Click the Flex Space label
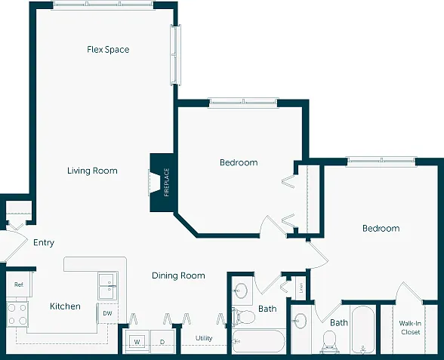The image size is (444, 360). pyautogui.click(x=108, y=50)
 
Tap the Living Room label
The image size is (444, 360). pyautogui.click(x=92, y=171)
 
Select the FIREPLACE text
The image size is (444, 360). pyautogui.click(x=166, y=183)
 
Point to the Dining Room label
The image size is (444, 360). pyautogui.click(x=178, y=275)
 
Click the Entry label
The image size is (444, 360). pyautogui.click(x=44, y=242)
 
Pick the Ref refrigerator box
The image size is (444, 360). pyautogui.click(x=19, y=285)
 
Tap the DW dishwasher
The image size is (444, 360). pyautogui.click(x=107, y=313)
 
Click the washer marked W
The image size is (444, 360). pyautogui.click(x=137, y=342)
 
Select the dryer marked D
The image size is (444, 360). pyautogui.click(x=162, y=342)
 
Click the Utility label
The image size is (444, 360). pyautogui.click(x=204, y=338)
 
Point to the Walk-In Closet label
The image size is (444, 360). pyautogui.click(x=410, y=328)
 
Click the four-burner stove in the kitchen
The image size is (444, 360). pyautogui.click(x=17, y=314)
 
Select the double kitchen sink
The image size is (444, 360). pyautogui.click(x=107, y=286)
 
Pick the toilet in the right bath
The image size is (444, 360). pyautogui.click(x=329, y=341)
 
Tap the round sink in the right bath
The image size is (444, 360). pyautogui.click(x=301, y=321)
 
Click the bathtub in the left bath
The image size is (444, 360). pyautogui.click(x=257, y=341)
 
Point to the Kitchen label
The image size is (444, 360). pyautogui.click(x=65, y=306)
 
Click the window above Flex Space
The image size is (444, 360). pyautogui.click(x=103, y=5)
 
